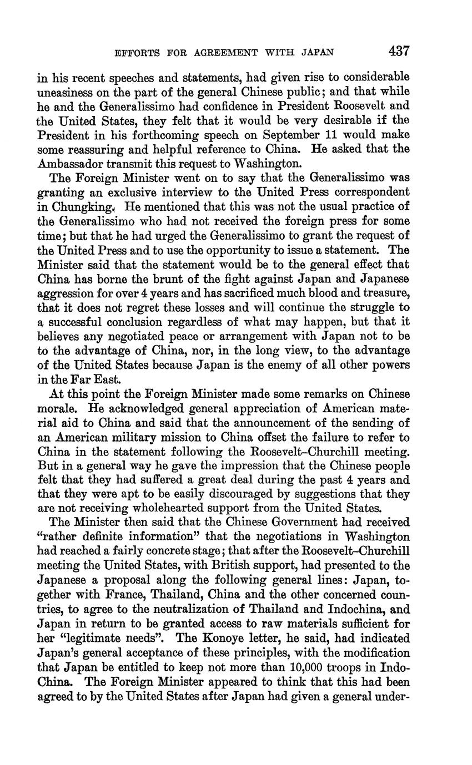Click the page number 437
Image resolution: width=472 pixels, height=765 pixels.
[x=399, y=52]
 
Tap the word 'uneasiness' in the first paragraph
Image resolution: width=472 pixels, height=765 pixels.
[x=64, y=92]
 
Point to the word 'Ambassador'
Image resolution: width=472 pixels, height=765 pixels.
[x=67, y=164]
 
